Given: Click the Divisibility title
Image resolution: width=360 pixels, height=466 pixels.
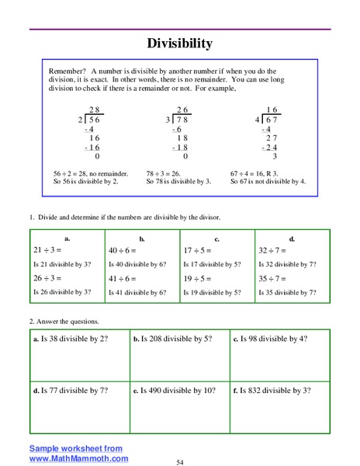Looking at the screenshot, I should (x=179, y=43).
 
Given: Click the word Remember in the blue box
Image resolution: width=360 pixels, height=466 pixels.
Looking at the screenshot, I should (x=64, y=70).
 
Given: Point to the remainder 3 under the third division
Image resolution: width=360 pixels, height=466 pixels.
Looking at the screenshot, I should (x=275, y=156).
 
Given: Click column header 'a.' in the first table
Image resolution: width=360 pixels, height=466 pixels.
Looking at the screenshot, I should (x=67, y=239).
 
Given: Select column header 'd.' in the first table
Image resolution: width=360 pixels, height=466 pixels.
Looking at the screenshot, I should (x=292, y=239).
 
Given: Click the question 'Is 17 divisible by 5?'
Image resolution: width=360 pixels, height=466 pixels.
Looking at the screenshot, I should (x=211, y=265).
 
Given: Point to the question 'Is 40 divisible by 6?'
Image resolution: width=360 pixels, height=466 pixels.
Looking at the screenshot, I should (x=137, y=265).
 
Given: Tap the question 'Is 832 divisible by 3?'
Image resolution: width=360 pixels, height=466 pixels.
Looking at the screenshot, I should (x=275, y=390).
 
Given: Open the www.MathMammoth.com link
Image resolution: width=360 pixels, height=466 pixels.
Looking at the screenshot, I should (x=78, y=459).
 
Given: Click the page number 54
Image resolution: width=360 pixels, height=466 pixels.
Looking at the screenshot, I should (x=179, y=462).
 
